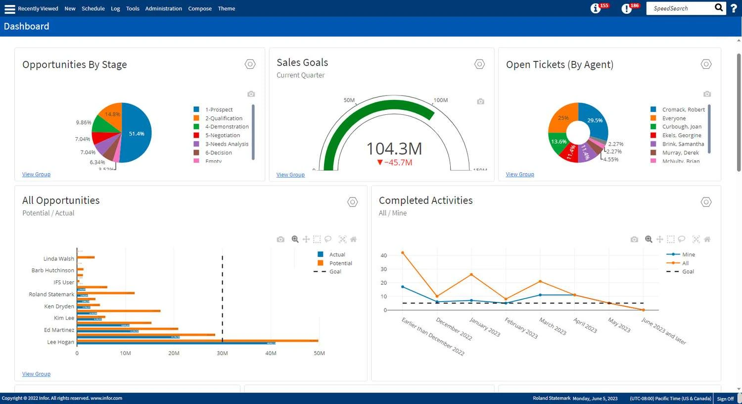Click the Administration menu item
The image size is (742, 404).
[163, 8]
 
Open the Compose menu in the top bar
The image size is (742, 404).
[200, 8]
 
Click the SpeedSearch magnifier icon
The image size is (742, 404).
[719, 7]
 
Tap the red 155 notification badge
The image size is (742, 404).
[604, 5]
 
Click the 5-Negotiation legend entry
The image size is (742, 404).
[222, 135]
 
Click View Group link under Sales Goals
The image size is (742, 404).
[290, 175]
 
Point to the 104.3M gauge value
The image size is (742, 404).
[394, 149]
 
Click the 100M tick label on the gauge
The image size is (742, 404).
[440, 100]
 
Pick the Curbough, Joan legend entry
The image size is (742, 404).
[682, 127]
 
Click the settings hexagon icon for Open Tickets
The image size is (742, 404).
[706, 64]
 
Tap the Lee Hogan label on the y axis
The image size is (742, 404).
[60, 342]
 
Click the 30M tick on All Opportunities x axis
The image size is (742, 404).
[222, 353]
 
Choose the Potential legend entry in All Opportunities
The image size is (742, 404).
[340, 263]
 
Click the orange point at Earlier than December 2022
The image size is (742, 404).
[403, 252]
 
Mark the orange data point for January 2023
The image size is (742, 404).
[471, 274]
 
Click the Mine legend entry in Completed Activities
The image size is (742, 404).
[688, 254]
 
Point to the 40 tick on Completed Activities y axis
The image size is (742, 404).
[384, 255]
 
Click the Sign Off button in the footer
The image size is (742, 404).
[725, 399]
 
